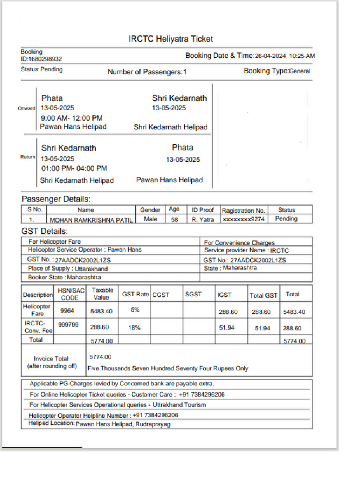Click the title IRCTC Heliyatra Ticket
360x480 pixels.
coord(171,39)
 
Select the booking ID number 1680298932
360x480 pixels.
coord(45,59)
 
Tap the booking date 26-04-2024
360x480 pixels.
coord(270,56)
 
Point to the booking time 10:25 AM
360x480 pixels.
coord(302,56)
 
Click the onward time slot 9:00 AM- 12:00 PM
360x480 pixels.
coord(72,118)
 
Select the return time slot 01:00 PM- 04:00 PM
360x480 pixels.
coord(74,168)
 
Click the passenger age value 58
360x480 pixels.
coord(174,219)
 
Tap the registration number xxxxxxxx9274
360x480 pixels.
coord(244,219)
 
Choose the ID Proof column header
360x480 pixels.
coord(202,210)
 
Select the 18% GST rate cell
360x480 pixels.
coord(135,328)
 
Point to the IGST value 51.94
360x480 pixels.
coord(227,328)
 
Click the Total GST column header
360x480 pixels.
coord(263,295)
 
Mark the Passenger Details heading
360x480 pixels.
coord(56,199)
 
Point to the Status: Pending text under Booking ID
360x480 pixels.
coord(42,69)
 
